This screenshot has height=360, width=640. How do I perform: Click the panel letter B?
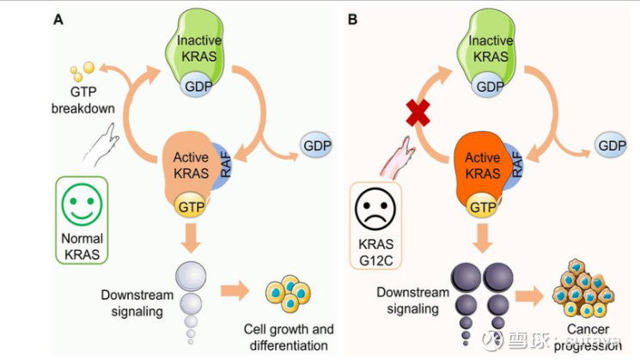pos(352,17)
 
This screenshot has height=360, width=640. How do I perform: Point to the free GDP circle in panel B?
pos(611,146)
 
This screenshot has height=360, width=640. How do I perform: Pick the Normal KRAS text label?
pos(83,245)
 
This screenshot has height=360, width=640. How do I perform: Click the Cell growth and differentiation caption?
pos(288,338)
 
